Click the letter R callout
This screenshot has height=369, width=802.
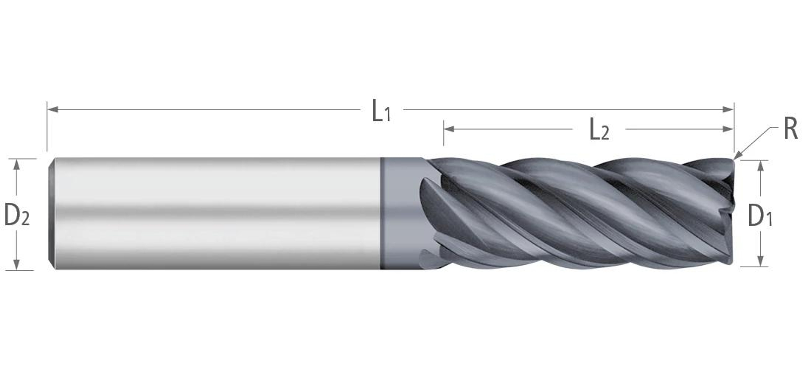click(x=791, y=129)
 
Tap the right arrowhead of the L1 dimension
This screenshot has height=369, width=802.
click(x=728, y=109)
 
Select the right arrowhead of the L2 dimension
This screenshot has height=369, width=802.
click(x=728, y=129)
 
